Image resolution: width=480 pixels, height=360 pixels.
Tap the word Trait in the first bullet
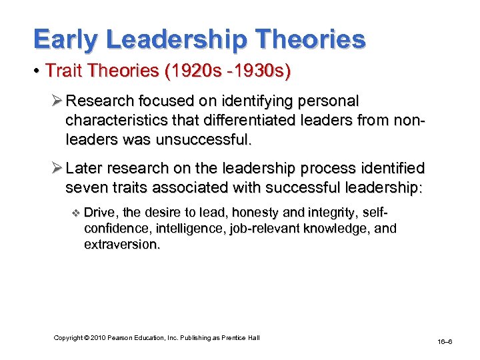63,71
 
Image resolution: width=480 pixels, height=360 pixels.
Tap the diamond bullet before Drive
75,213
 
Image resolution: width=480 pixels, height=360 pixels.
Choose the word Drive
98,213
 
